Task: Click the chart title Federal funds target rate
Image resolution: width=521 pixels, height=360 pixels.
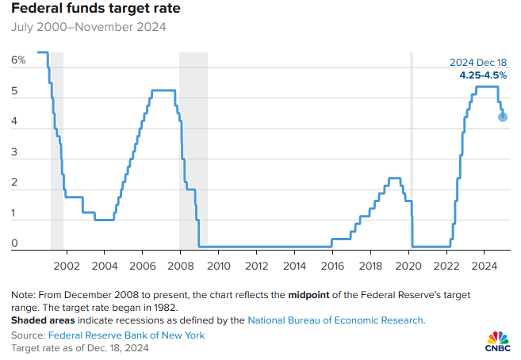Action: coord(95,10)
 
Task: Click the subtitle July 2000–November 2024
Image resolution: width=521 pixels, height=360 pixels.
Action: coord(89,28)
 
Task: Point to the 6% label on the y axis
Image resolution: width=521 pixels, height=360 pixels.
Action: coord(18,59)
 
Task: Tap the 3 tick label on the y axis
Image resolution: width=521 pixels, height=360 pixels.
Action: coord(14,152)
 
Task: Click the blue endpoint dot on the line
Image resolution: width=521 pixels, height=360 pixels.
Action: coord(503,117)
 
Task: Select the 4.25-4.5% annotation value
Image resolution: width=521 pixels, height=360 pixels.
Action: coord(483,75)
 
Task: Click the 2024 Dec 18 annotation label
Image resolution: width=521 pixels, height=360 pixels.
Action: coord(478,63)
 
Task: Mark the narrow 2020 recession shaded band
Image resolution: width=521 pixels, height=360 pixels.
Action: coord(412,151)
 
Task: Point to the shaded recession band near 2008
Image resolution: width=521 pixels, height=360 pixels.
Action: coord(193,151)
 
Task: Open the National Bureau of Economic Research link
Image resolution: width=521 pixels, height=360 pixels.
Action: coord(336,320)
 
